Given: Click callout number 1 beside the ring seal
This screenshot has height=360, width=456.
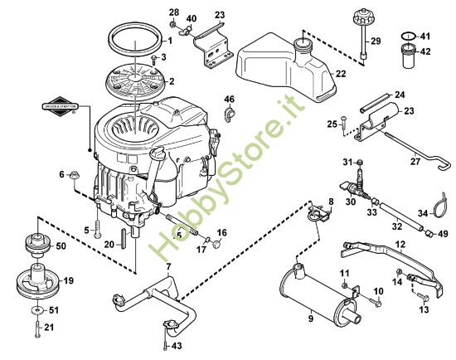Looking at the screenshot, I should pos(169,41).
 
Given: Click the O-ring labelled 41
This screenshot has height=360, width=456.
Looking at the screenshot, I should pos(405,36).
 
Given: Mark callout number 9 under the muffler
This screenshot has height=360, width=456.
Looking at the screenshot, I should pos(311,316).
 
